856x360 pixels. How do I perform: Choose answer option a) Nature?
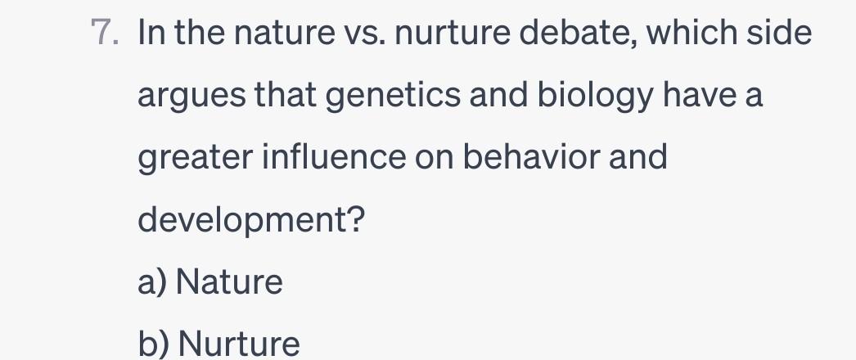coord(210,283)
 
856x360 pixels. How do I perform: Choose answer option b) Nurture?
coord(219,344)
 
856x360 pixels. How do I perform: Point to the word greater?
coord(193,157)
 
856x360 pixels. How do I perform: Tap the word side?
coord(782,34)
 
